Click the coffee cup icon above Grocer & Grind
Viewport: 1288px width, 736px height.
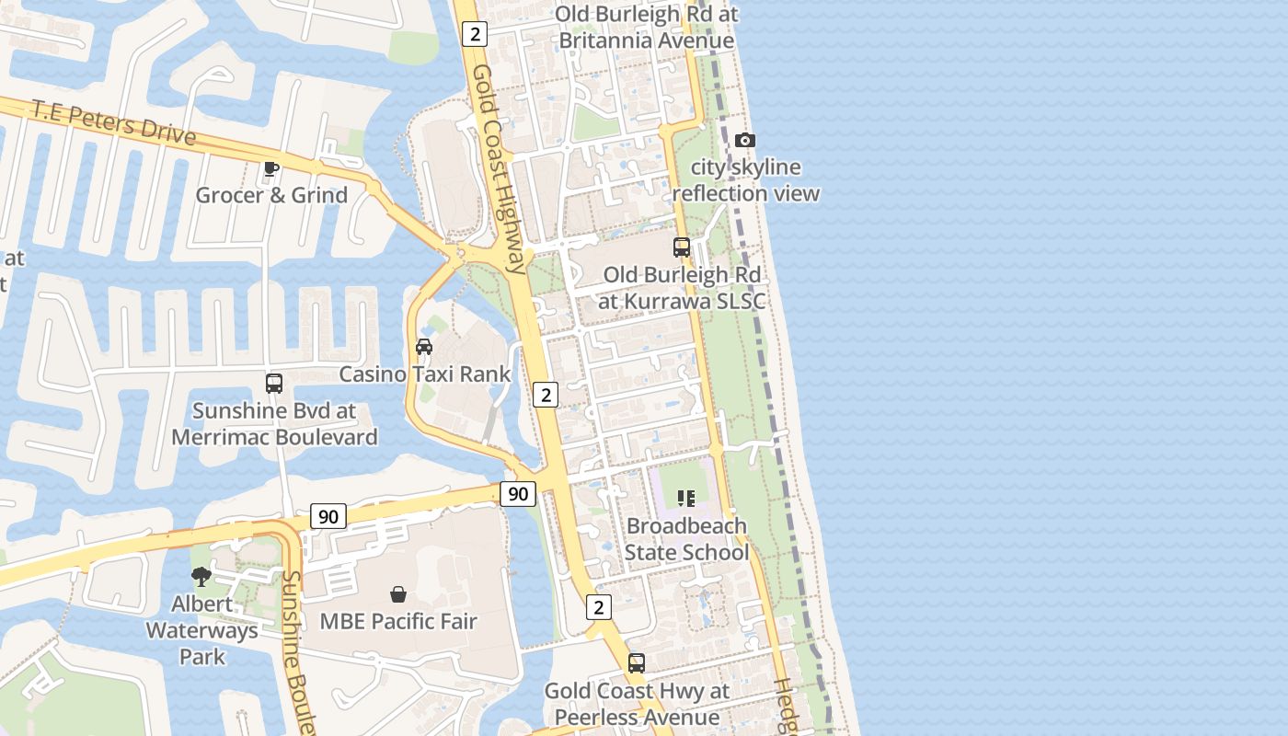[x=270, y=168]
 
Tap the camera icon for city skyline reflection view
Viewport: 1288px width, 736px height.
[x=745, y=141]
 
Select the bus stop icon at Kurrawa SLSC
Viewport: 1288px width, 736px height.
[x=682, y=247]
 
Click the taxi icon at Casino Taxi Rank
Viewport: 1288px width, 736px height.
[x=424, y=347]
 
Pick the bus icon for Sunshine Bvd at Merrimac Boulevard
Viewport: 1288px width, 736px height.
[x=274, y=384]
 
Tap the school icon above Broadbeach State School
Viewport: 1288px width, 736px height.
[x=686, y=499]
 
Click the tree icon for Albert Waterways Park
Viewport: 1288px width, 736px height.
[x=201, y=577]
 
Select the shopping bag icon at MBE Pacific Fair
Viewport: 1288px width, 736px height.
[x=398, y=594]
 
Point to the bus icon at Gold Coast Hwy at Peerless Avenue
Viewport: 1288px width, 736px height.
[x=637, y=663]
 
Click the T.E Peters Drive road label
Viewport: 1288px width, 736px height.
[x=114, y=122]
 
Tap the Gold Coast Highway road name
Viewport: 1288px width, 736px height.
[x=500, y=169]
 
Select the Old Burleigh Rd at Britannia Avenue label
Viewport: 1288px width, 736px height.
[x=647, y=28]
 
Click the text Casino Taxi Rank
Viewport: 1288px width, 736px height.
[x=424, y=374]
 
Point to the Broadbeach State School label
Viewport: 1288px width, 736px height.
[x=686, y=539]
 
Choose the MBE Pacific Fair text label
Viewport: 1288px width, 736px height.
[x=398, y=621]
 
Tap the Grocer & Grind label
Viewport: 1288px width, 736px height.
[x=271, y=195]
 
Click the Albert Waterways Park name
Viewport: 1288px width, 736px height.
[x=201, y=630]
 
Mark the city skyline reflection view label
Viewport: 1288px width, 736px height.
[x=745, y=180]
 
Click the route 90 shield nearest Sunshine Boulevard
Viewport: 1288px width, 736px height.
[x=328, y=516]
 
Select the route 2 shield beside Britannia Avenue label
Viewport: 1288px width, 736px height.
[x=475, y=34]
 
